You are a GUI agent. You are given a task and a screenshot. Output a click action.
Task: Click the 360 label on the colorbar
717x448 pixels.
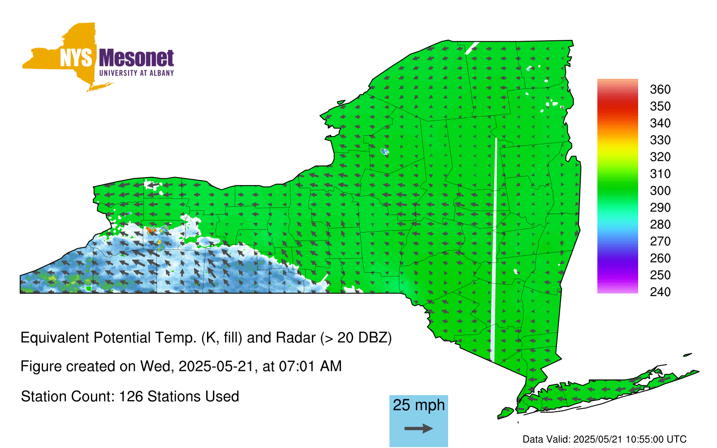pos(660,89)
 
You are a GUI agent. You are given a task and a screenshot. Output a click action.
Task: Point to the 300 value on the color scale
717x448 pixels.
pos(660,191)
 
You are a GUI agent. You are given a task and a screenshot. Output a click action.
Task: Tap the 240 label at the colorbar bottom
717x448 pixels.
pos(660,292)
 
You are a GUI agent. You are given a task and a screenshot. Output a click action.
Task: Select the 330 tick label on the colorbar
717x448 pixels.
pos(660,140)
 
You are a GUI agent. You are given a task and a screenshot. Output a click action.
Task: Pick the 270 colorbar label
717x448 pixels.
pos(660,241)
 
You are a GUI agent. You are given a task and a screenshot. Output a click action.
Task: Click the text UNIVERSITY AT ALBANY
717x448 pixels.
pos(137,73)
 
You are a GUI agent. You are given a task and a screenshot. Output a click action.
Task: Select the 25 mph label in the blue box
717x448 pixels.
pos(419,405)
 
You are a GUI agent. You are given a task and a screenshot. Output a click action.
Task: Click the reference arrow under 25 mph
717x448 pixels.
pos(419,428)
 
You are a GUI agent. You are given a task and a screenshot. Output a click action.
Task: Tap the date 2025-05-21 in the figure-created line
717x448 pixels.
pos(216,366)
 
